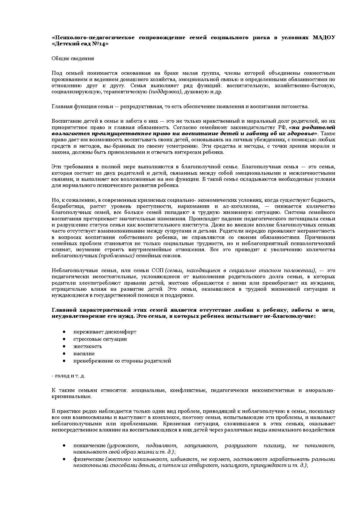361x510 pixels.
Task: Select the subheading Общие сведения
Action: click(x=73, y=58)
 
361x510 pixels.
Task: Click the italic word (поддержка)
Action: click(x=165, y=92)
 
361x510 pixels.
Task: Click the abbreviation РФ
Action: click(x=282, y=127)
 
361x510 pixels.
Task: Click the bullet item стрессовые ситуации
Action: click(x=100, y=339)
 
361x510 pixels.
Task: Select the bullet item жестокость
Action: click(x=88, y=346)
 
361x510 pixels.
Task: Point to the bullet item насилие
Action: click(x=84, y=354)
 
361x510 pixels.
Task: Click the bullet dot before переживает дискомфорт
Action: click(x=64, y=332)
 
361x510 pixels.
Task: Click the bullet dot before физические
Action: click(x=64, y=459)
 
